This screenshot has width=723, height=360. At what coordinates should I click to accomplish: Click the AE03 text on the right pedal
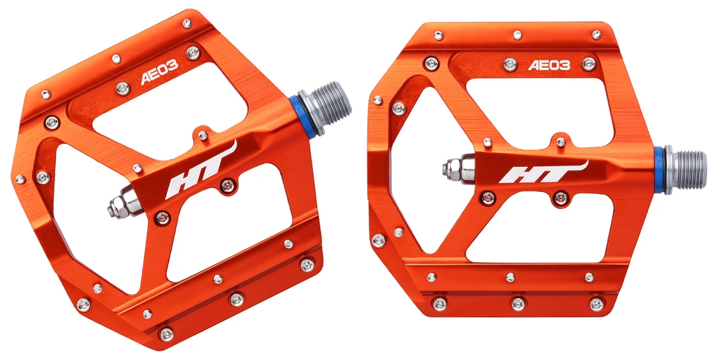[x=549, y=65]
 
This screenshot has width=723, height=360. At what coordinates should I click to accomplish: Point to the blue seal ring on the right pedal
[x=658, y=170]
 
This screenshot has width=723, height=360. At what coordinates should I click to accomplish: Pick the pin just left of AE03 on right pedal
[x=510, y=64]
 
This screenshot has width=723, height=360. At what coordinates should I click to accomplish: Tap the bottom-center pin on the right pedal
[x=518, y=304]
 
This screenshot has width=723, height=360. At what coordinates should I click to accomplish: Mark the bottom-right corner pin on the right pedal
[x=596, y=304]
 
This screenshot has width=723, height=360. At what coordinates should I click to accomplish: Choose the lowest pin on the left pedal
[x=167, y=334]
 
